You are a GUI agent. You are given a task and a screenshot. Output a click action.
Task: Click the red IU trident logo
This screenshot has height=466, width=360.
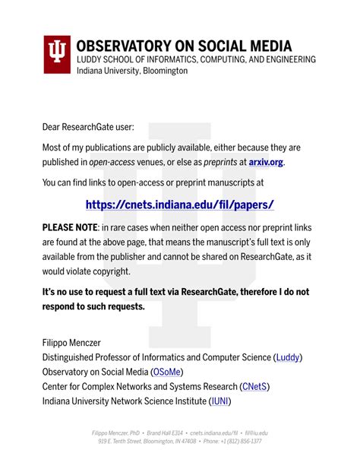(55, 53)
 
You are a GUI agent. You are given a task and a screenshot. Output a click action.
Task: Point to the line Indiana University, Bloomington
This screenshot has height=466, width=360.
(131, 71)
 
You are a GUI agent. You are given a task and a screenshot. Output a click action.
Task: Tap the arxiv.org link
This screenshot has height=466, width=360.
(266, 162)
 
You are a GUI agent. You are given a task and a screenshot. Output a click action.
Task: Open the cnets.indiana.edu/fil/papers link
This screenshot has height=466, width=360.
(179, 204)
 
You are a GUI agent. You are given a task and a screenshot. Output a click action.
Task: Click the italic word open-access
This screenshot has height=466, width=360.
(112, 162)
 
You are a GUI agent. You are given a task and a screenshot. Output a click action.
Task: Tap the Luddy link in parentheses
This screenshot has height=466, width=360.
(288, 357)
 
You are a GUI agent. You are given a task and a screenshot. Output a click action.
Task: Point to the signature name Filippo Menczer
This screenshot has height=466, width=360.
(79, 342)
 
